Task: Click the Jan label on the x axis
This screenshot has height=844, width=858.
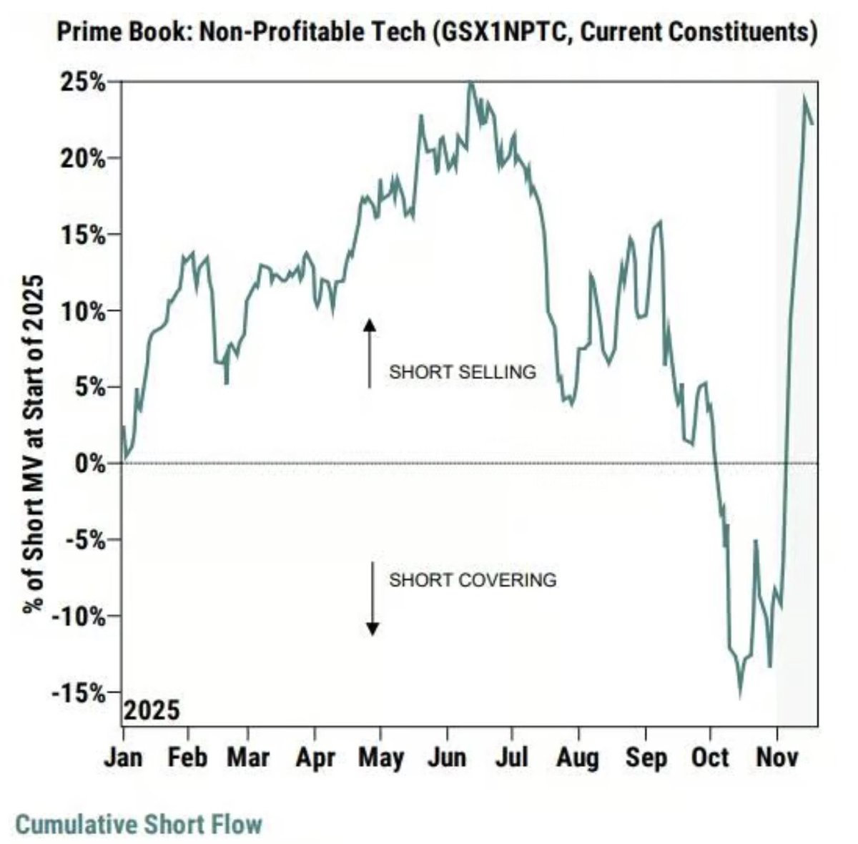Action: coord(124,757)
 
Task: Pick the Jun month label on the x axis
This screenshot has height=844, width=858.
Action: coord(447,757)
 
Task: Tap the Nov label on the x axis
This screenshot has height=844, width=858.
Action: coord(777,757)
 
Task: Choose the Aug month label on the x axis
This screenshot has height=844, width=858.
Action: coord(578,757)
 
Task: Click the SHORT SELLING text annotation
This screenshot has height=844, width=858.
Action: coord(462,372)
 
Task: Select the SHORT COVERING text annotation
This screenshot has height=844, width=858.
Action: coord(472,579)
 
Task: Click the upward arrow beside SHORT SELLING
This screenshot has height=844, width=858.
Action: coord(369,354)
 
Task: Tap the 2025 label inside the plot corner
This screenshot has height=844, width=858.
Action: coord(152,712)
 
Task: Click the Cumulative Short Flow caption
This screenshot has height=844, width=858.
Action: coord(139,824)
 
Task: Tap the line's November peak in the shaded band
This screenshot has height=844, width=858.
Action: coord(804,98)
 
